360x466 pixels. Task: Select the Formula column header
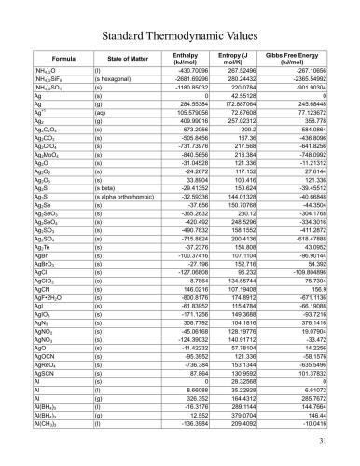click(x=62, y=59)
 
